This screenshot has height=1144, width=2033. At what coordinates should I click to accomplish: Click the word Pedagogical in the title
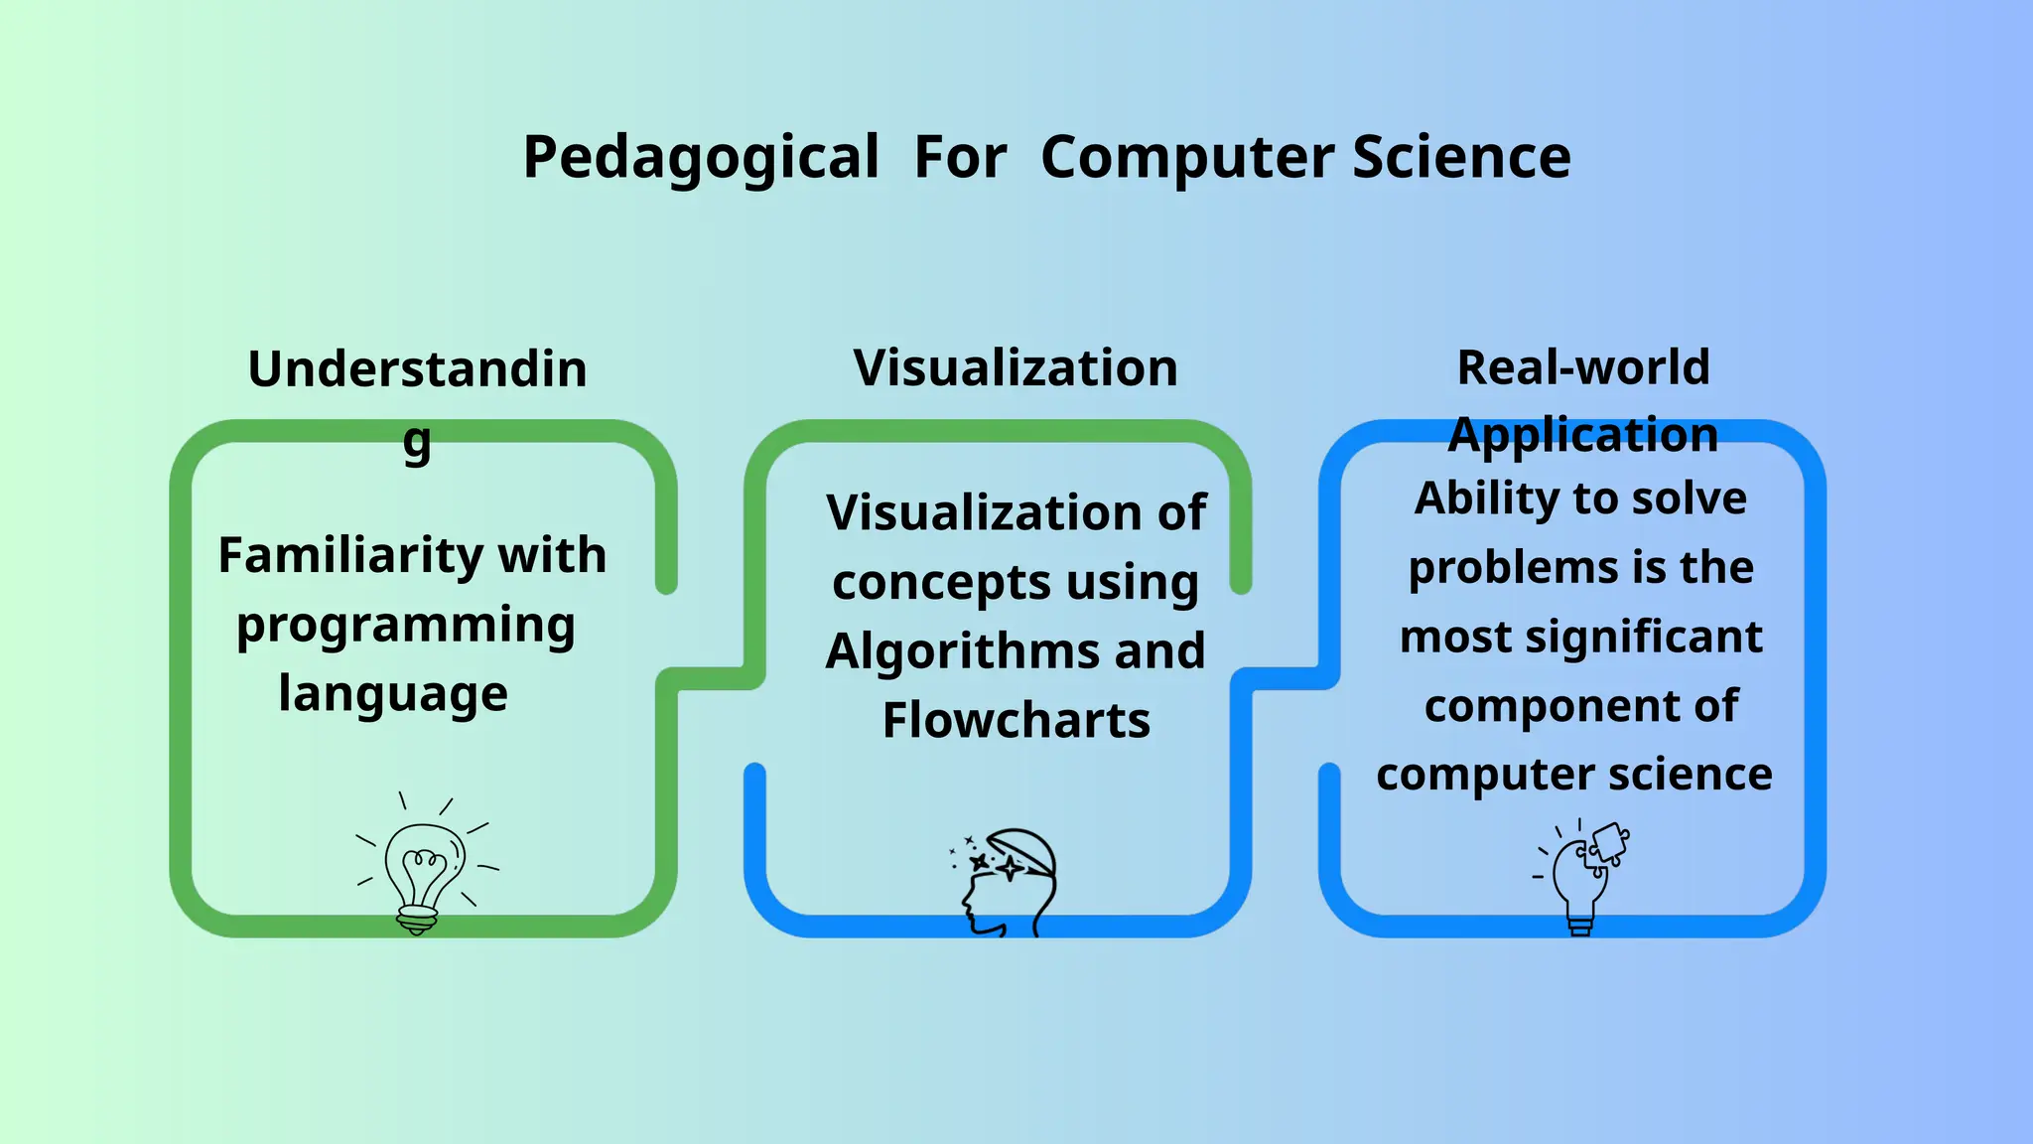[701, 158]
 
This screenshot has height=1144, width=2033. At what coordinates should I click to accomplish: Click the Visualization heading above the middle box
[1016, 368]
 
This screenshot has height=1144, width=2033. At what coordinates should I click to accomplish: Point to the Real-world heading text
[1583, 367]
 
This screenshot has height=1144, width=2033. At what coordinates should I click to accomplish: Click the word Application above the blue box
[1583, 435]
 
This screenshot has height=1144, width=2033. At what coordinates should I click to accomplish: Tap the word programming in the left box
[406, 626]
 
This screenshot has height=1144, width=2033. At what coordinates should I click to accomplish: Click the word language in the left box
[393, 693]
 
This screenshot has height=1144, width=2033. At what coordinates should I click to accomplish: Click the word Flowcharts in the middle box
[1016, 720]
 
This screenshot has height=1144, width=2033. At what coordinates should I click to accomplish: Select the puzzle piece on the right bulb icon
[1609, 844]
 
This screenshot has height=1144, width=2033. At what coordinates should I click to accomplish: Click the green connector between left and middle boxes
[711, 679]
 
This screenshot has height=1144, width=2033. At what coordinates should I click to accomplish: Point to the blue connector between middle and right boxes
[1286, 679]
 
